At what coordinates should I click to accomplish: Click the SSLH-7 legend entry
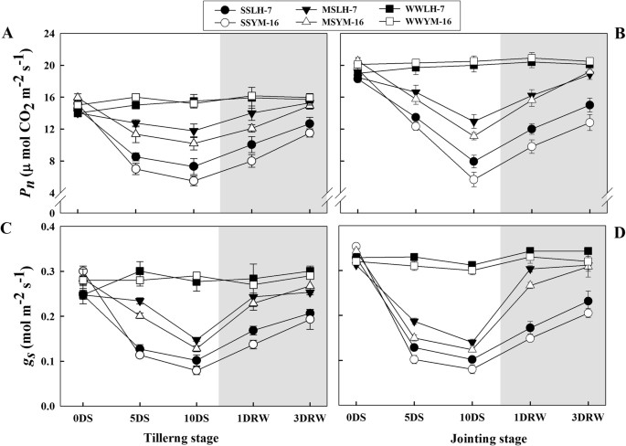click(250, 8)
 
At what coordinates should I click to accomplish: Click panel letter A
click(8, 35)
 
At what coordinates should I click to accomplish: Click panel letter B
click(620, 35)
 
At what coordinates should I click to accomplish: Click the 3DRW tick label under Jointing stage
click(589, 420)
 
